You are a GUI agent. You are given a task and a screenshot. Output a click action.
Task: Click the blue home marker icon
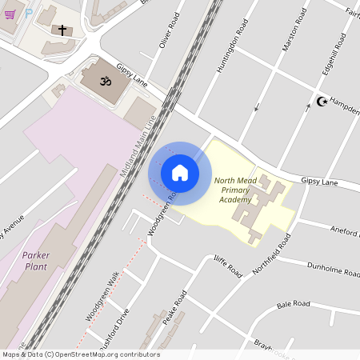(180, 173)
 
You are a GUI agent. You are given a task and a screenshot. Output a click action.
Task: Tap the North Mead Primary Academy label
(235, 190)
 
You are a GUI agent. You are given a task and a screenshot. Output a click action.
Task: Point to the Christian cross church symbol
(62, 30)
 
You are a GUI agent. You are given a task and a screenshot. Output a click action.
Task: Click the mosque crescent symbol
(322, 101)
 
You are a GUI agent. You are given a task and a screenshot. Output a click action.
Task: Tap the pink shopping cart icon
(9, 14)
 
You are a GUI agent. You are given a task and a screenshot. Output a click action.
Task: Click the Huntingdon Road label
(228, 45)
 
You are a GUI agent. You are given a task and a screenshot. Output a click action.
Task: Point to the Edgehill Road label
(331, 54)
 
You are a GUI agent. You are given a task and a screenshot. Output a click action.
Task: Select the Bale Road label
(293, 304)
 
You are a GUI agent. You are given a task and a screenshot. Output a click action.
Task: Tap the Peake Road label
(174, 308)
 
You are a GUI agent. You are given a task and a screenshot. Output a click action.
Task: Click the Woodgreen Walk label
(102, 297)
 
